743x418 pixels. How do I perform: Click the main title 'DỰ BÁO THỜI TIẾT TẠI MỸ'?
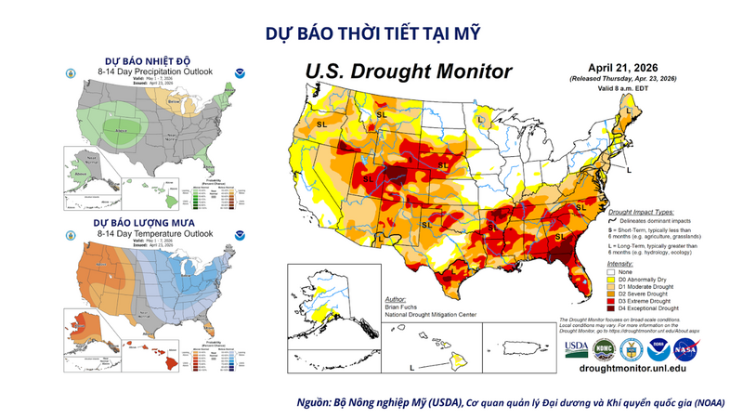tap(371, 34)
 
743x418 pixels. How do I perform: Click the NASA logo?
tap(685, 348)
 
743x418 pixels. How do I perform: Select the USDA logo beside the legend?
tap(576, 348)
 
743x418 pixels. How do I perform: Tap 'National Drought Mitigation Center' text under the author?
tap(429, 315)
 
